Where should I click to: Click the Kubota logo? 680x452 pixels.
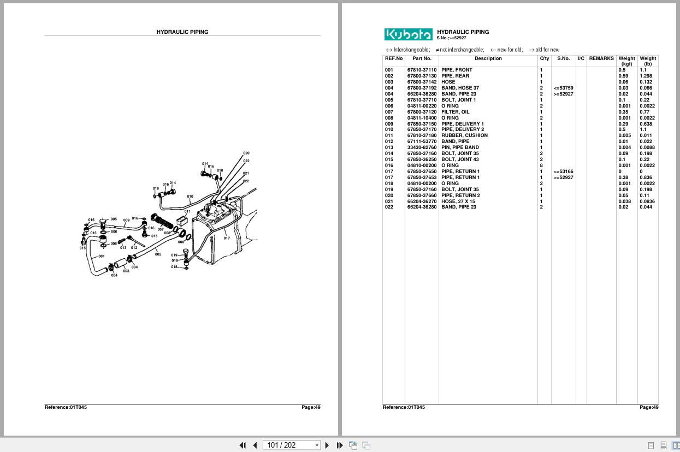[409, 34]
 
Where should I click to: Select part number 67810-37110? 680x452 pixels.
[422, 70]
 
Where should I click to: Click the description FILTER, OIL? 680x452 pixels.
[455, 112]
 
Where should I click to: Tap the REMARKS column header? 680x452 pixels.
[601, 58]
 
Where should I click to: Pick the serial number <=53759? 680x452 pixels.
[564, 88]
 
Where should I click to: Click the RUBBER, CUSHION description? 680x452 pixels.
[464, 135]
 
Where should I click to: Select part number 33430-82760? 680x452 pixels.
[422, 147]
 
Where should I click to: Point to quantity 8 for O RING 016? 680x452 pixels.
[541, 165]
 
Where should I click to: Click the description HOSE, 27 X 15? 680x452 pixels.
[458, 201]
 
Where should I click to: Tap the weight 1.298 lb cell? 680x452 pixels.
[646, 76]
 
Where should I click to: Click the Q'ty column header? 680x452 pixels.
[545, 58]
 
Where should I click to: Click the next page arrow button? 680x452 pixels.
[327, 445]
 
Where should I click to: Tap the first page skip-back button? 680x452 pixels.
[243, 445]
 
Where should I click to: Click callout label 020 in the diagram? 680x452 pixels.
[246, 153]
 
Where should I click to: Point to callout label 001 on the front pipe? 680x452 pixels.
[102, 256]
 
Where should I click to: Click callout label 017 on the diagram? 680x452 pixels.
[227, 238]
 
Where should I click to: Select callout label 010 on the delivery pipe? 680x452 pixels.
[190, 197]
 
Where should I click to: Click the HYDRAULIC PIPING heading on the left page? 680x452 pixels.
[182, 32]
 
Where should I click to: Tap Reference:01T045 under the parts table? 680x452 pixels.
[404, 407]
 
